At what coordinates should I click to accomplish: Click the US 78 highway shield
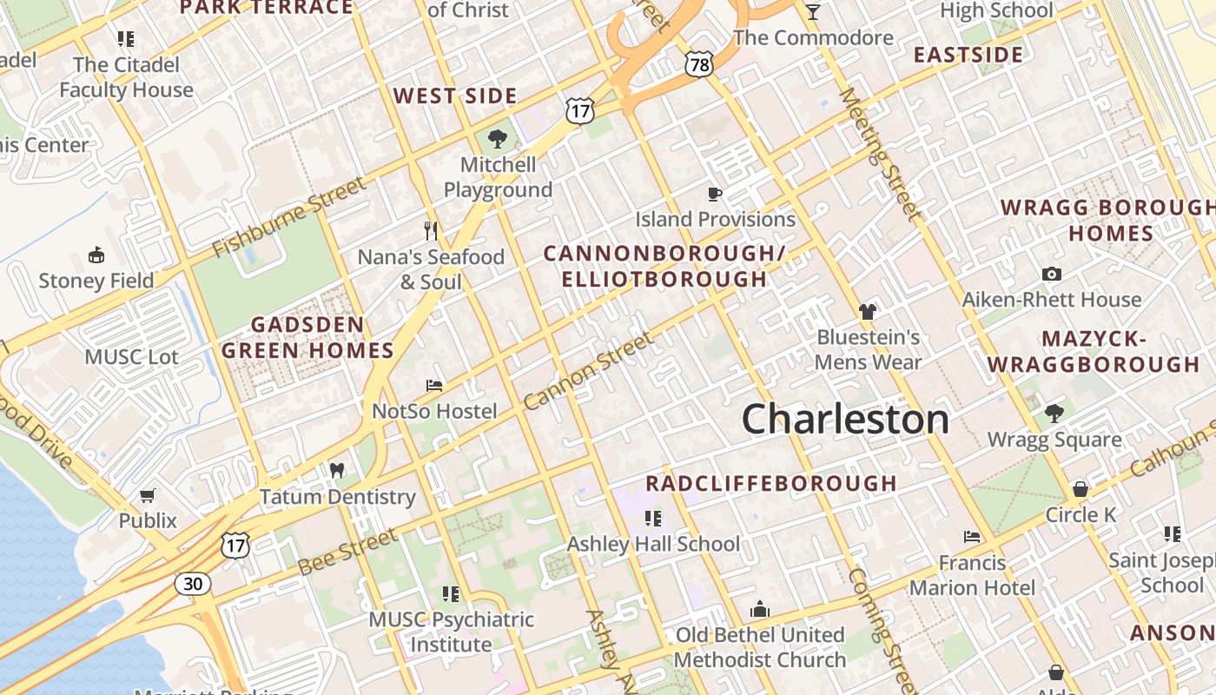698,63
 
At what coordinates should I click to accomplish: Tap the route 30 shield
192,583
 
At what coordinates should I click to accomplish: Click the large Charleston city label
845,420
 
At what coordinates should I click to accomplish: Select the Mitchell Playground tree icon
498,138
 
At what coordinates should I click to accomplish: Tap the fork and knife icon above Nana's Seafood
431,230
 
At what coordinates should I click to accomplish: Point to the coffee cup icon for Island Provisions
715,193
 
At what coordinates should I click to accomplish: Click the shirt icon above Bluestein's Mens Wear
867,311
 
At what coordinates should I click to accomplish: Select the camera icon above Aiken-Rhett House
1051,274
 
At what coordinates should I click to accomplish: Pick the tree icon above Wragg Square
1054,413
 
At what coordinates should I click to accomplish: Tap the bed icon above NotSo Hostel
434,385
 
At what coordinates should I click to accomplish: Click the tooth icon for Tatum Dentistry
337,470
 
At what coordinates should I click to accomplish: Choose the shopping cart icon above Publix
148,495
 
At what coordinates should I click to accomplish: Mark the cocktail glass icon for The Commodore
813,11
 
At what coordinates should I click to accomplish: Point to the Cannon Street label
588,371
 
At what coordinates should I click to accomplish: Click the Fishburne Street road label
290,217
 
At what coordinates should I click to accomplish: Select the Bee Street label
347,552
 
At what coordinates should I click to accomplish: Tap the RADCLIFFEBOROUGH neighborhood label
771,484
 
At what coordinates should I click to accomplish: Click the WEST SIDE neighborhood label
455,96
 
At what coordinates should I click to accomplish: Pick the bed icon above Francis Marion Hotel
972,537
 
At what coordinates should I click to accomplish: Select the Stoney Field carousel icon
96,255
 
